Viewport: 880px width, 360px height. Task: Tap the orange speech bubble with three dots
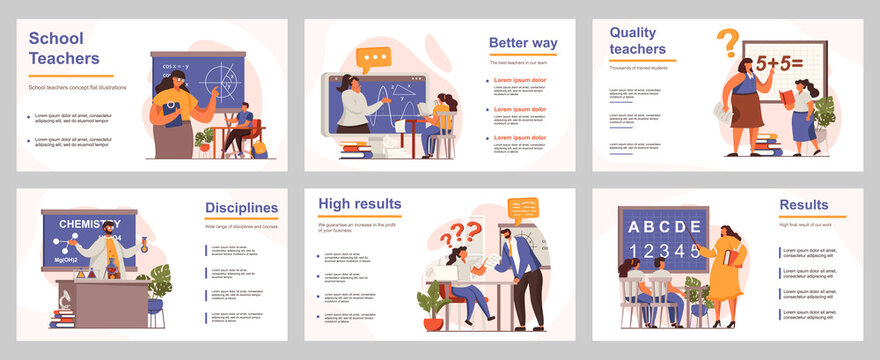point(374,59)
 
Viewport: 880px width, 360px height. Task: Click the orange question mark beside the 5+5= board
point(728,43)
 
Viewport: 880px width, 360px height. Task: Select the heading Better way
point(522,43)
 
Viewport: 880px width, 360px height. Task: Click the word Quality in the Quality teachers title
point(634,32)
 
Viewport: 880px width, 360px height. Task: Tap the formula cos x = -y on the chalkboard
point(176,67)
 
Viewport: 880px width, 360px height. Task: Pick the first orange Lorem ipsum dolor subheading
point(523,80)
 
